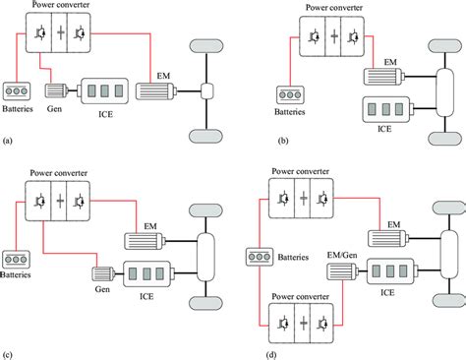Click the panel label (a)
tap(9, 142)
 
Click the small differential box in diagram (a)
tap(208, 90)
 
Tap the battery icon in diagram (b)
tap(291, 97)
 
